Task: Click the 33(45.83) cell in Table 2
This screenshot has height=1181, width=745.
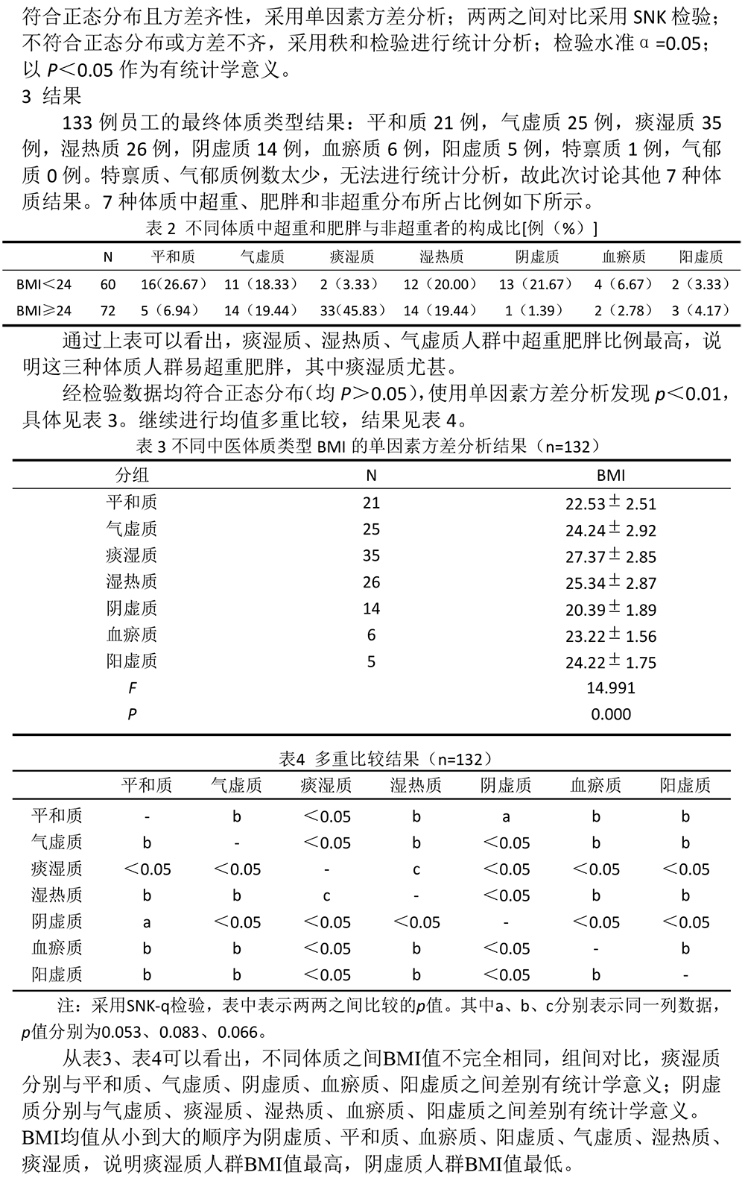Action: [x=352, y=311]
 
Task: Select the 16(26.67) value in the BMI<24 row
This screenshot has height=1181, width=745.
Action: [x=174, y=284]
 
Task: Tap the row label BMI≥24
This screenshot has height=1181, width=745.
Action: [x=45, y=311]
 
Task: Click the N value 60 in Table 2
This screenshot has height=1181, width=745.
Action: [x=108, y=284]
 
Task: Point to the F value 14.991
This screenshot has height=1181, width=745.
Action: [x=611, y=687]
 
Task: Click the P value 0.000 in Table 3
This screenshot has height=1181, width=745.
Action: [x=611, y=714]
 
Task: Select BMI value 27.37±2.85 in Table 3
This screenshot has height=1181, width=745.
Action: [x=611, y=556]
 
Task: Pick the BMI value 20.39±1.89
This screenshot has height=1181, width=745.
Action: [x=611, y=610]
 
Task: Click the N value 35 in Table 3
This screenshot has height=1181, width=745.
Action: [x=371, y=555]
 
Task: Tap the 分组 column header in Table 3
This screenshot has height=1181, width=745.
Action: [x=132, y=475]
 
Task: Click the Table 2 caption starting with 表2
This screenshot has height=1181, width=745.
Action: [x=372, y=228]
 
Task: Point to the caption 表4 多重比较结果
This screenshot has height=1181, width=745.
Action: [x=385, y=759]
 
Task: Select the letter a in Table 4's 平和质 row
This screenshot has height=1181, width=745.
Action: [x=506, y=816]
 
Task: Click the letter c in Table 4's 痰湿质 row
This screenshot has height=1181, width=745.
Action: [x=416, y=869]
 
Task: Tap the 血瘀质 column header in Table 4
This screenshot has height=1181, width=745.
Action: [x=595, y=785]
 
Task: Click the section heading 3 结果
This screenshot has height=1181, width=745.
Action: [x=51, y=96]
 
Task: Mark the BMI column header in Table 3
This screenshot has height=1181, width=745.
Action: [x=611, y=475]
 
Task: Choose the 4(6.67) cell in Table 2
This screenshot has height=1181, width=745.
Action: [x=624, y=284]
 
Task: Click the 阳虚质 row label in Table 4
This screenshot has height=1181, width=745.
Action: [x=57, y=974]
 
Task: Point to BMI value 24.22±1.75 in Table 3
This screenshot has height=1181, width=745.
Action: [x=611, y=661]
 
